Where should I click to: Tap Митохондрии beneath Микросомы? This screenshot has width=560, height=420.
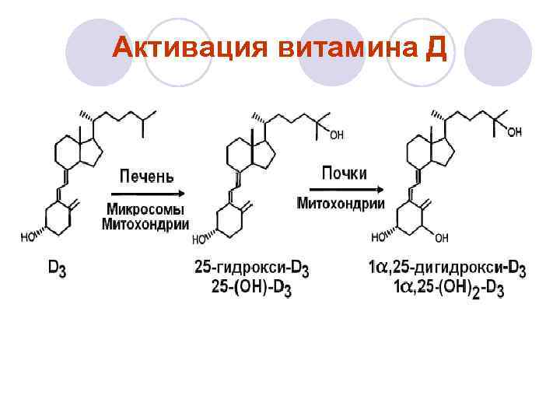[145, 225]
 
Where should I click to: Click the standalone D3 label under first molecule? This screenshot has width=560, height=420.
[58, 268]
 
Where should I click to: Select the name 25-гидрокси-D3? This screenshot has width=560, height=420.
[251, 269]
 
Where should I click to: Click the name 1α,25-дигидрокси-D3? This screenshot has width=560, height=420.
[446, 269]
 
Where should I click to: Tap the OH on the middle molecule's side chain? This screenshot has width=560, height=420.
[336, 135]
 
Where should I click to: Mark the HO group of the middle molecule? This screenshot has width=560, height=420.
[199, 239]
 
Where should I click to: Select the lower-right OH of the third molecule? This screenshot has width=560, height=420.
[442, 237]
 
